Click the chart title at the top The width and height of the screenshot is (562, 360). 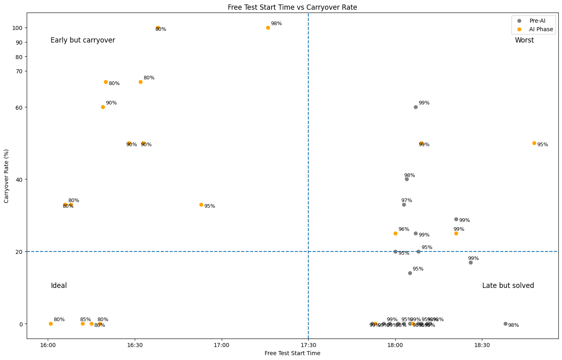[x=292, y=7]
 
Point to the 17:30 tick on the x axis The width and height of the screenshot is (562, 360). [x=308, y=345]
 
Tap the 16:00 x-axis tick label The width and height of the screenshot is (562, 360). [x=48, y=345]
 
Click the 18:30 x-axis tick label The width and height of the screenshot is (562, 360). [x=482, y=345]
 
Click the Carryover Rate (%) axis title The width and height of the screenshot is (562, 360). [x=6, y=176]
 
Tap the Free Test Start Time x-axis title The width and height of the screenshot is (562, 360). [x=292, y=354]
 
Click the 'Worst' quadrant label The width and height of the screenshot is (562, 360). [x=524, y=40]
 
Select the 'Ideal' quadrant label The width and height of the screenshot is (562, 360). [x=59, y=286]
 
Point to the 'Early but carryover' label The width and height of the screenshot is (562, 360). [x=83, y=40]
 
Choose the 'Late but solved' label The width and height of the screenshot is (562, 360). [x=508, y=286]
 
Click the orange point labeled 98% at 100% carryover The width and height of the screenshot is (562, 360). [x=268, y=28]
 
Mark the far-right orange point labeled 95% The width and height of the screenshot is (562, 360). [x=534, y=143]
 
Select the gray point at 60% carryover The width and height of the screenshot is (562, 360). [x=416, y=107]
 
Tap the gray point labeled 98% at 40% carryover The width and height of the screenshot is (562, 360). [x=407, y=179]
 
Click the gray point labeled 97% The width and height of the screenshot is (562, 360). [x=404, y=205]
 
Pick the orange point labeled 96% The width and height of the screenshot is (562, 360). [x=395, y=234]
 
